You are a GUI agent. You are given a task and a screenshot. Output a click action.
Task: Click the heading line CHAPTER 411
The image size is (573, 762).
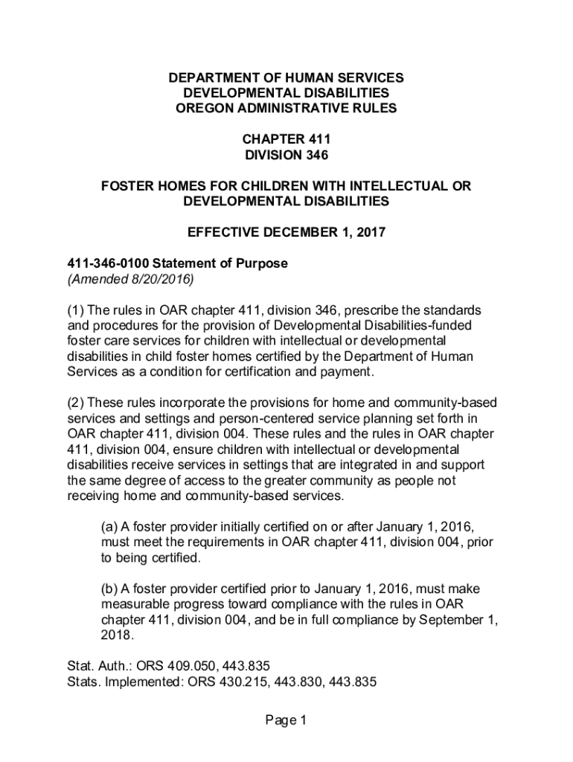286,139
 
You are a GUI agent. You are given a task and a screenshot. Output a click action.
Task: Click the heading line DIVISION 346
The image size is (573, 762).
286,156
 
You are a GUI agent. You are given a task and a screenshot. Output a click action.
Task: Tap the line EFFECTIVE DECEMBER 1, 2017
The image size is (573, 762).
286,232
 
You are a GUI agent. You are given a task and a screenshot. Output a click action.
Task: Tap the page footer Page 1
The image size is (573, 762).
286,720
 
